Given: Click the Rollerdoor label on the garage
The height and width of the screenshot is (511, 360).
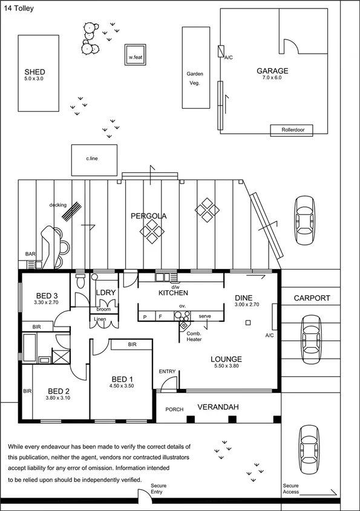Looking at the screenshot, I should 295,130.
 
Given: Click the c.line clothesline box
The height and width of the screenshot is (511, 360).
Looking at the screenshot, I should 93,158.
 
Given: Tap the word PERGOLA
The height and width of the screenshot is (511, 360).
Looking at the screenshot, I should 149,216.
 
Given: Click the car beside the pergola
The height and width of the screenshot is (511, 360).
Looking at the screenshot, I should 304,221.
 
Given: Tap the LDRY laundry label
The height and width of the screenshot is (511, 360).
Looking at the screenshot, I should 106,293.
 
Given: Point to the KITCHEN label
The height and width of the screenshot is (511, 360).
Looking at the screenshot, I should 174,293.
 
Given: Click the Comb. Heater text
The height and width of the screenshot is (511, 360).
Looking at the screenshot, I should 194,336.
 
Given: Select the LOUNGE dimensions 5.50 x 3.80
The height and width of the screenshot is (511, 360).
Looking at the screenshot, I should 227,366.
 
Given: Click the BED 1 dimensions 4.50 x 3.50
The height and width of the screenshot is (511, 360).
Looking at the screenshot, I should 122,385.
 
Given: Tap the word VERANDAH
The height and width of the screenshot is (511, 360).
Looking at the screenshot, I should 217,408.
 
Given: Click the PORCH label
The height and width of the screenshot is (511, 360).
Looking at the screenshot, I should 174,410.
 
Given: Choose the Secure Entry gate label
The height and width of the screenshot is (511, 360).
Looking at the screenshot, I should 159,489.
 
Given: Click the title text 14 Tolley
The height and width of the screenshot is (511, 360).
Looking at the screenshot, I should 19,9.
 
